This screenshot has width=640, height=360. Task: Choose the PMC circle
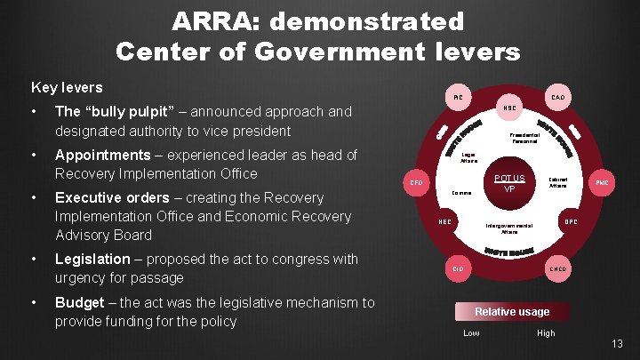point(601,182)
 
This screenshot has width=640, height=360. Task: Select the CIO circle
point(457,268)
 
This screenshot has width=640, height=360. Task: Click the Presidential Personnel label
point(523,138)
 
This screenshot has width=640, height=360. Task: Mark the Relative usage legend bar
point(512,311)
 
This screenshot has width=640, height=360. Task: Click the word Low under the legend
point(471,333)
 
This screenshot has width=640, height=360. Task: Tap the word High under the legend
point(546,333)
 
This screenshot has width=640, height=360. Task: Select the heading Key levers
point(67,88)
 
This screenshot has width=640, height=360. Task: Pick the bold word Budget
point(81,302)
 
